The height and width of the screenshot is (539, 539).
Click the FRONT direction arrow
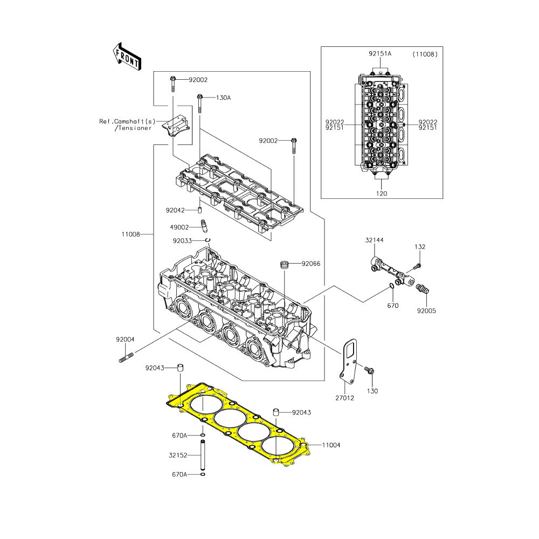pyautogui.click(x=127, y=56)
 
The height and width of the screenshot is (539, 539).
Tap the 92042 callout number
pyautogui.click(x=175, y=210)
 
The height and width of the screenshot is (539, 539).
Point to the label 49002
pyautogui.click(x=179, y=227)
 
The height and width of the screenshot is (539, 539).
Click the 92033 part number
pyautogui.click(x=182, y=241)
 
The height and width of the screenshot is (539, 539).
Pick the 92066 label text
pyautogui.click(x=311, y=264)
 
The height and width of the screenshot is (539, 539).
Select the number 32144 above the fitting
pyautogui.click(x=374, y=240)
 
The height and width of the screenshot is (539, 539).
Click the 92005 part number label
pyautogui.click(x=426, y=311)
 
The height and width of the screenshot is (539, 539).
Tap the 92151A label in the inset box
pyautogui.click(x=380, y=54)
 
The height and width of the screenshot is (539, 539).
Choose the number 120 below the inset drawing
pyautogui.click(x=381, y=192)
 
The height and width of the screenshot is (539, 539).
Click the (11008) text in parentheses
pyautogui.click(x=425, y=54)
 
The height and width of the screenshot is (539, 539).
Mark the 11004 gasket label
pyautogui.click(x=331, y=445)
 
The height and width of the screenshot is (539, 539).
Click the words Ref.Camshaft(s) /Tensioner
pyautogui.click(x=125, y=125)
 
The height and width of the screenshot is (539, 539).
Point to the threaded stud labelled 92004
pyautogui.click(x=126, y=357)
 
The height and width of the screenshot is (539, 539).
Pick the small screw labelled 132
pyautogui.click(x=416, y=266)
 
